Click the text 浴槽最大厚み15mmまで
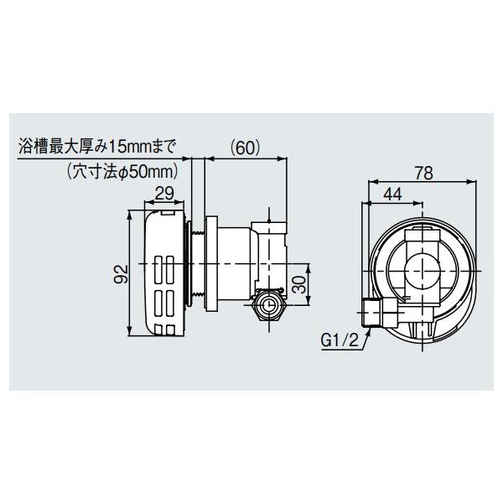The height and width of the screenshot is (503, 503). coord(98,148)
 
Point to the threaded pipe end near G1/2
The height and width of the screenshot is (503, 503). coord(371,312)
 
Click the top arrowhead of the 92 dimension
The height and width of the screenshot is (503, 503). coord(128,215)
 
